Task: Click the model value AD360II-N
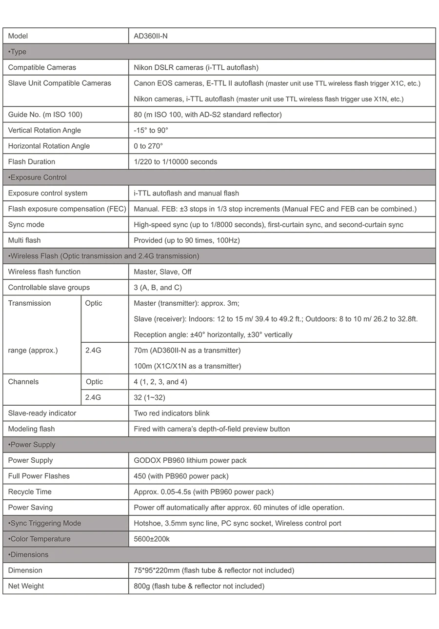tap(151, 36)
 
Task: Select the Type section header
tap(18, 52)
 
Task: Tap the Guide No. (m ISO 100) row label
tap(45, 115)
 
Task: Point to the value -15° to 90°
tap(151, 130)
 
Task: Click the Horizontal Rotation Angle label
tap(49, 146)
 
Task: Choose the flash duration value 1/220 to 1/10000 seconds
tap(175, 162)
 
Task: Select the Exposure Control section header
tap(38, 177)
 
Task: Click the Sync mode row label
tap(26, 225)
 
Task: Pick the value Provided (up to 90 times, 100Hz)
tap(187, 240)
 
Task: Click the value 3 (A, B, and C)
tap(158, 288)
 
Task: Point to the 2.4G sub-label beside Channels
tap(93, 397)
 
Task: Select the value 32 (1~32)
tap(149, 397)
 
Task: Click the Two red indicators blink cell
tap(172, 413)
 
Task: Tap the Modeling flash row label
tap(31, 429)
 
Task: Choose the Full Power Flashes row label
tap(39, 476)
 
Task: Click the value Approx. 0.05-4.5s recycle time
tap(203, 491)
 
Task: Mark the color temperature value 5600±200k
tap(152, 539)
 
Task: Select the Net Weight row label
tap(26, 586)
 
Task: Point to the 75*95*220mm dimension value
tap(214, 570)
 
